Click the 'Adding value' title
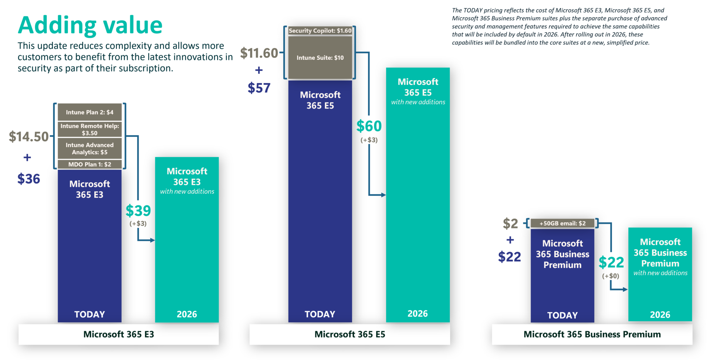(90, 26)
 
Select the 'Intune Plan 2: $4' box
(89, 112)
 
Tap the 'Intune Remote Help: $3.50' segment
(89, 129)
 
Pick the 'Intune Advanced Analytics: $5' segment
(89, 149)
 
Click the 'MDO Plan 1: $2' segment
(89, 164)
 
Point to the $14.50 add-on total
(28, 137)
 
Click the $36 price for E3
(28, 179)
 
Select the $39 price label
(138, 211)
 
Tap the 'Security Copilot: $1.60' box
(320, 31)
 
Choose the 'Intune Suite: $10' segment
(320, 58)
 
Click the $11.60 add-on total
(259, 53)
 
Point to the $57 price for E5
(259, 88)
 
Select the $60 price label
(369, 126)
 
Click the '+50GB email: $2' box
(562, 223)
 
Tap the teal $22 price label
(611, 262)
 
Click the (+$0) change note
(611, 276)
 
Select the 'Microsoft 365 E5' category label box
(349, 334)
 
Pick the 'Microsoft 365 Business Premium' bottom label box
(592, 334)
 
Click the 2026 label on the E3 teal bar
(187, 314)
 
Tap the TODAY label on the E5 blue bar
(320, 314)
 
